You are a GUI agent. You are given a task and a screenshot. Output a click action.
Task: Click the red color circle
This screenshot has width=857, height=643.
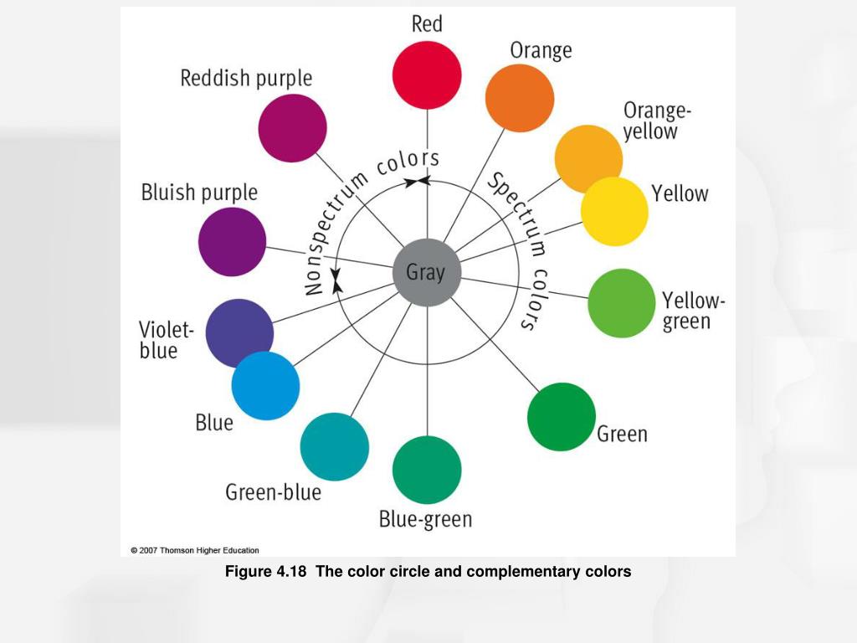click(x=427, y=75)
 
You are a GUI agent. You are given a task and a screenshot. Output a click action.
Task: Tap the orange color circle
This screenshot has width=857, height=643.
click(x=520, y=97)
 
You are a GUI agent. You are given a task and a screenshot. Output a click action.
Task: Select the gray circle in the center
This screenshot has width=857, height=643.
click(x=427, y=273)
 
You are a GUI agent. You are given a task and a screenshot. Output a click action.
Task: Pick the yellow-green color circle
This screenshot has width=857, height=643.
click(x=621, y=303)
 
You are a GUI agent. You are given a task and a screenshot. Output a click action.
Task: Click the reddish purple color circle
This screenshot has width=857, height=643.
click(x=292, y=128)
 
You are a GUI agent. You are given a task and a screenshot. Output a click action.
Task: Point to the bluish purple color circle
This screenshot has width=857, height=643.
click(x=233, y=242)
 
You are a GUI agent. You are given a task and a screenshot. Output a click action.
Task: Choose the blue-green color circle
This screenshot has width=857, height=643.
click(x=427, y=470)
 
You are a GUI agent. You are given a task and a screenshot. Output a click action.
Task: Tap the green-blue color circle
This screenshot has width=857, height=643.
click(x=335, y=447)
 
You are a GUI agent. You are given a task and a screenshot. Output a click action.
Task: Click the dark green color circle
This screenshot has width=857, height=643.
click(x=562, y=417)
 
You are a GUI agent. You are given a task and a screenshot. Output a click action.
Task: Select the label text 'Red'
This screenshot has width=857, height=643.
click(x=427, y=24)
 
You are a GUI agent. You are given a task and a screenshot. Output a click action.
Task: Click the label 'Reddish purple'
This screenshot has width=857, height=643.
click(x=246, y=79)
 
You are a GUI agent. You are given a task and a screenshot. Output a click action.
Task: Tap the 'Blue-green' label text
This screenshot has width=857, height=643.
click(x=425, y=520)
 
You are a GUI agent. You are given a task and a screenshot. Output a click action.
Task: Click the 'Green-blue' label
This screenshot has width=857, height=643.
click(x=273, y=492)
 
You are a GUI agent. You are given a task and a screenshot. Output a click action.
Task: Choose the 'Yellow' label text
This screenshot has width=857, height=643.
click(x=680, y=194)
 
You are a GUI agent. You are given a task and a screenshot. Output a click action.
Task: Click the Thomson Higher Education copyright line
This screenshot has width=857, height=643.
click(x=195, y=550)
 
